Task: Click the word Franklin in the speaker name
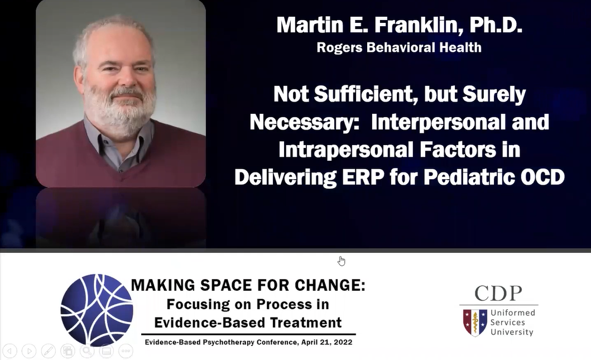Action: pos(416,25)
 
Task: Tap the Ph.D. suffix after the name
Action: pos(496,25)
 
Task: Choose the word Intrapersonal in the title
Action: pos(345,150)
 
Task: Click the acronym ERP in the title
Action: pos(364,177)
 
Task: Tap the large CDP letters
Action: pos(498,293)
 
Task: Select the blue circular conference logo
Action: pos(97,310)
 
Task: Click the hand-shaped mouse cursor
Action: pos(341,261)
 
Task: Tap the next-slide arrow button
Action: pos(29,351)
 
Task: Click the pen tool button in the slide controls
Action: pos(48,351)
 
